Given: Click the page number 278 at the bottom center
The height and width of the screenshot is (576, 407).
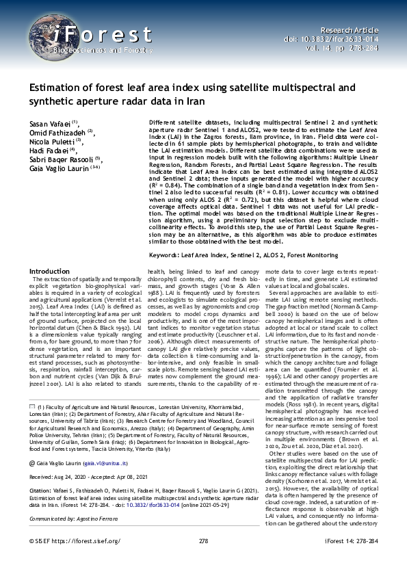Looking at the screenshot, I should (x=203, y=560).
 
